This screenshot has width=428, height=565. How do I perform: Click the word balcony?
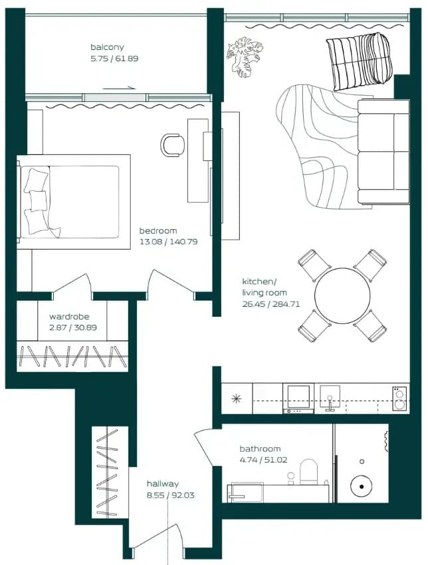[x=107, y=47]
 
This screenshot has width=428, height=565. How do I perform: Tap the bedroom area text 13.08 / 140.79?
[x=168, y=242]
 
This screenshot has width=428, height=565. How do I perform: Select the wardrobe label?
[x=69, y=316]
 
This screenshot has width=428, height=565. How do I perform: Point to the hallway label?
[x=163, y=484]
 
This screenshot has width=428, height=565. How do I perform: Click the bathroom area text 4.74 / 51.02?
[x=263, y=460]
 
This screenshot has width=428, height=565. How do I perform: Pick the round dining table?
[x=342, y=295]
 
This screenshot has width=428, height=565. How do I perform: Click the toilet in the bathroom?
[x=309, y=471]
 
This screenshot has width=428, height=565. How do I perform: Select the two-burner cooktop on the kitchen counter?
[x=399, y=399]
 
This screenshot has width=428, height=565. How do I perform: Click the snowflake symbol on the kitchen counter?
[x=237, y=399]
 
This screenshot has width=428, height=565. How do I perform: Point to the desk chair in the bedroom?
[x=172, y=145]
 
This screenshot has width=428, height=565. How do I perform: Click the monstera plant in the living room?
[x=245, y=56]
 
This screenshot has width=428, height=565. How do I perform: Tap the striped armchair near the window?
[x=358, y=61]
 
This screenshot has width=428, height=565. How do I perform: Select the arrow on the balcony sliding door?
[x=119, y=88]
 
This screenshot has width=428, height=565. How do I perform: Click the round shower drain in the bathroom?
[x=362, y=486]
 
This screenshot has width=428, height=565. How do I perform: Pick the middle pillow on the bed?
[x=38, y=201]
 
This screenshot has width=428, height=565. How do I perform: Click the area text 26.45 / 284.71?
[x=270, y=304]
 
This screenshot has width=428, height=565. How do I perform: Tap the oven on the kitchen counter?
[x=298, y=398]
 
